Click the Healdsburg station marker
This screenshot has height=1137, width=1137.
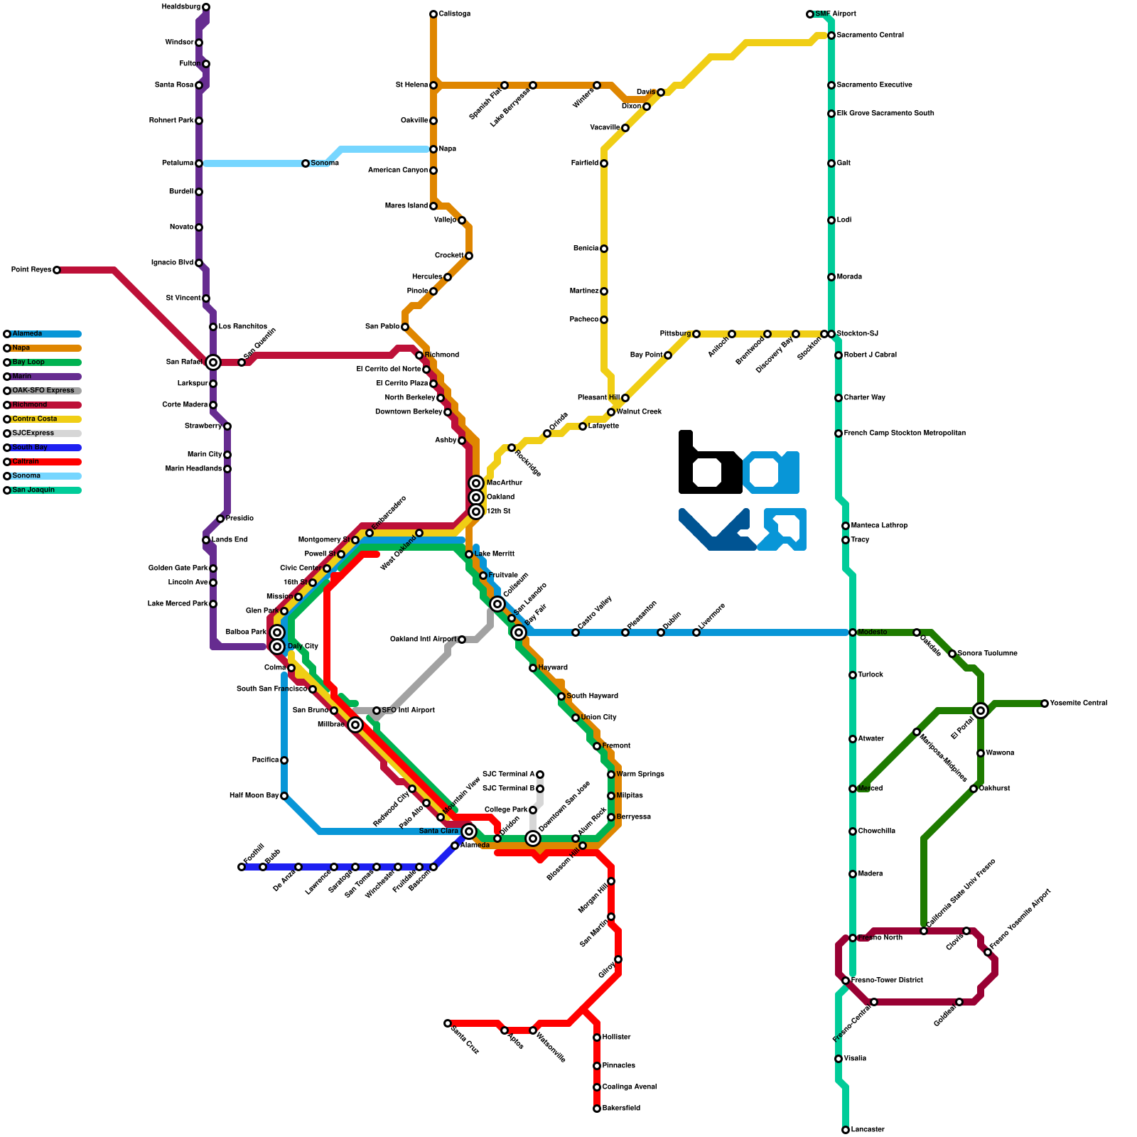pos(206,7)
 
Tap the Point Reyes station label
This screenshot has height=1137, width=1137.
pos(31,270)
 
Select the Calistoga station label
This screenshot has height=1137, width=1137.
pos(454,14)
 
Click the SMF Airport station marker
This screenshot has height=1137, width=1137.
pos(810,14)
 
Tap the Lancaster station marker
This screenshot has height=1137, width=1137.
pos(846,1130)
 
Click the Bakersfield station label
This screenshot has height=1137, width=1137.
pos(621,1109)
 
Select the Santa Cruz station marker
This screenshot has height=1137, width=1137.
pos(448,1023)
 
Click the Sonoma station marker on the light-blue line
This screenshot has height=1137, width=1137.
pos(306,163)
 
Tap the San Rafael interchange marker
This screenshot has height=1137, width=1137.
pos(213,362)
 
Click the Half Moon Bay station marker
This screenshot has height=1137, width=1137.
pos(284,796)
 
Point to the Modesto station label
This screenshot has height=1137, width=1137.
pos(872,632)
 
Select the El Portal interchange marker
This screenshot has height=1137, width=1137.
pos(981,711)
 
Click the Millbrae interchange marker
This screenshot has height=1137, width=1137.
pos(355,725)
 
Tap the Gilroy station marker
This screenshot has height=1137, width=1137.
pos(618,959)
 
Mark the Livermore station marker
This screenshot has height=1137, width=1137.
pos(696,632)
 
